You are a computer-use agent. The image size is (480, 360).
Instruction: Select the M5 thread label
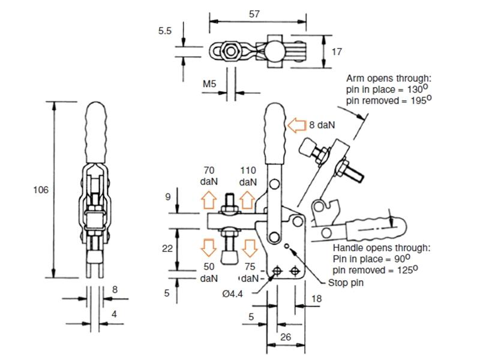tap(209, 84)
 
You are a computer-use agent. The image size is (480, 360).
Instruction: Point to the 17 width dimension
tap(337, 52)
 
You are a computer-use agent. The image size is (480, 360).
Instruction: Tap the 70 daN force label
tap(209, 176)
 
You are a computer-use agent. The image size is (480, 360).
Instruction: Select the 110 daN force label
tap(248, 176)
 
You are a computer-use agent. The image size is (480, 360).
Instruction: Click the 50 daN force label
tap(209, 273)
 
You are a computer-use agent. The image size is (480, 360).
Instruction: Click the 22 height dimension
tap(169, 248)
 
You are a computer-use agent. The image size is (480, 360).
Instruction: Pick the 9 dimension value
tap(169, 196)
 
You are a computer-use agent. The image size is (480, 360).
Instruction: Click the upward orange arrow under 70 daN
tap(208, 199)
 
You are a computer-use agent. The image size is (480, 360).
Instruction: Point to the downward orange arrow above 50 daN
tap(208, 245)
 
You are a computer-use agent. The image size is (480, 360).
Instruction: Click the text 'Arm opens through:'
tap(389, 78)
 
